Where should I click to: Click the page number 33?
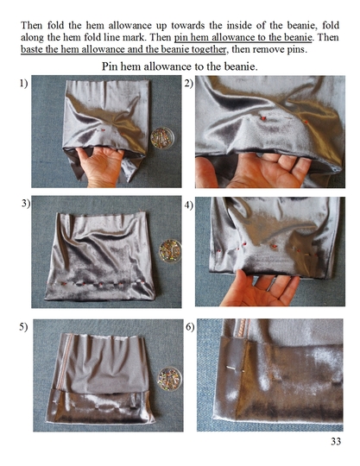[336, 441]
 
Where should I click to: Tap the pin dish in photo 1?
[162, 138]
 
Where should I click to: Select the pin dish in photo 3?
[170, 251]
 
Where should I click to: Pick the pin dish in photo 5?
[169, 379]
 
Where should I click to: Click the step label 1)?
[24, 84]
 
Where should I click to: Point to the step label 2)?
[189, 84]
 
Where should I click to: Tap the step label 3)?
[26, 204]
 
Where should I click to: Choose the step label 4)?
[189, 205]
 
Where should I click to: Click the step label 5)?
[24, 326]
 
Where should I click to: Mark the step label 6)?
[190, 327]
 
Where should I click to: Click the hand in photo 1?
[100, 167]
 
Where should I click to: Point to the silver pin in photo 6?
[235, 368]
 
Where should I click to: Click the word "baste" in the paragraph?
[32, 49]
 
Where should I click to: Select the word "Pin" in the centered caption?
[109, 66]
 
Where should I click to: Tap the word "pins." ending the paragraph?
[297, 50]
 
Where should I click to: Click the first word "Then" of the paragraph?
[32, 25]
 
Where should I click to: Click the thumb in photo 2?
[206, 173]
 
